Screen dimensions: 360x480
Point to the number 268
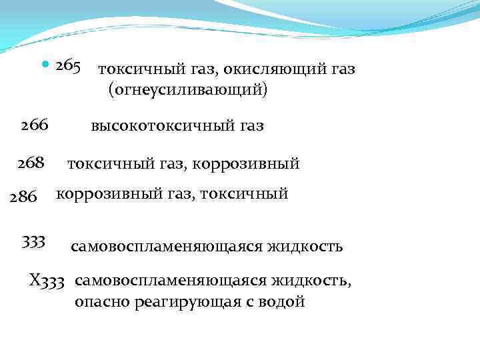pyautogui.click(x=31, y=162)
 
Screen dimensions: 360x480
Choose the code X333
pyautogui.click(x=47, y=280)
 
